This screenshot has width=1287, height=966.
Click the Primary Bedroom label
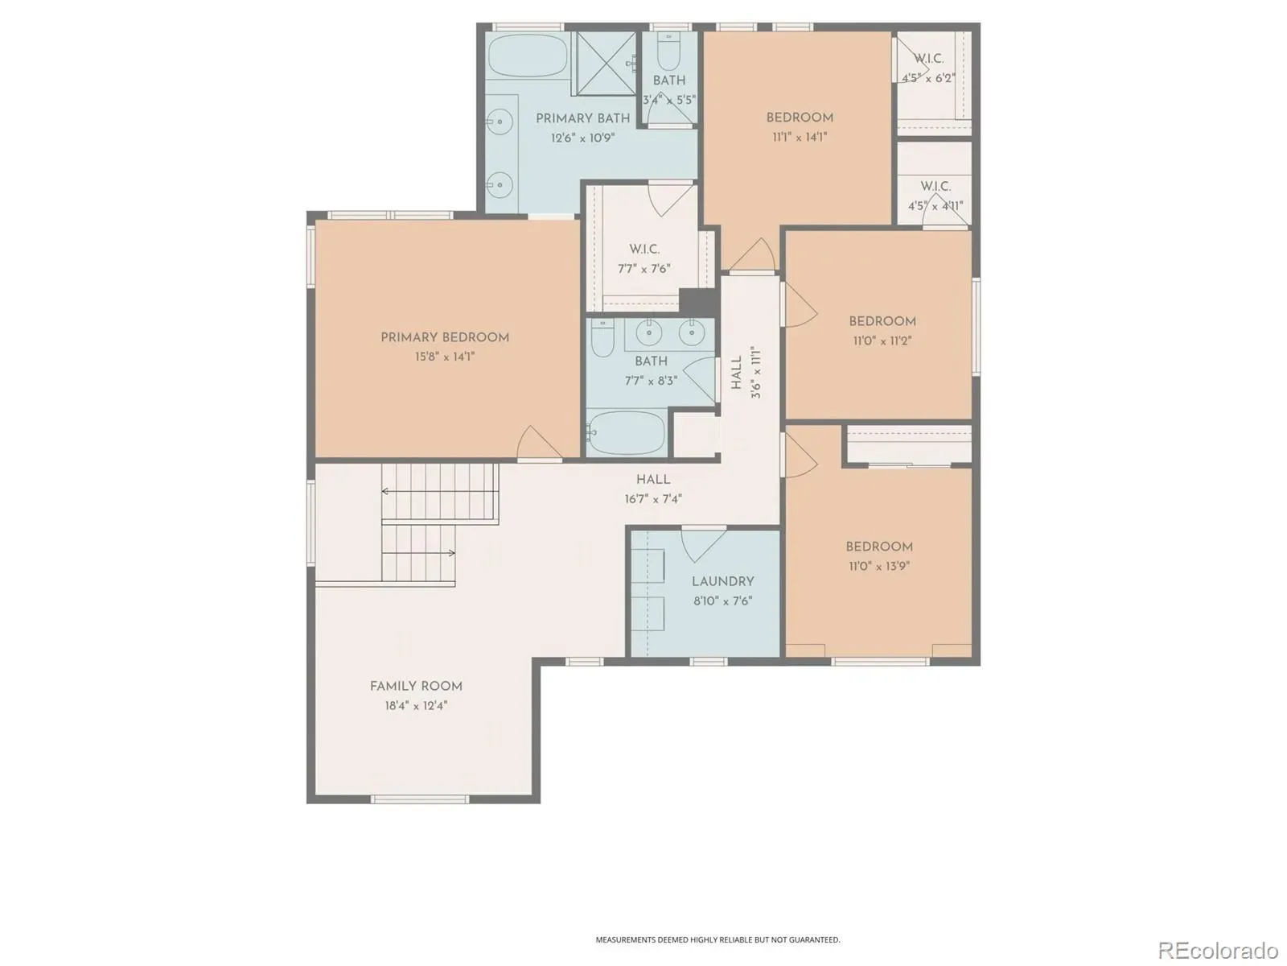click(x=445, y=337)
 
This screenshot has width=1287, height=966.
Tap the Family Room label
click(x=416, y=686)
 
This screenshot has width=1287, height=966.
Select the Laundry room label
click(x=722, y=581)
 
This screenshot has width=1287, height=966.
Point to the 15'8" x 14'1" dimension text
click(x=445, y=357)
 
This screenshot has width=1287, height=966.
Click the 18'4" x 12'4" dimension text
click(x=416, y=706)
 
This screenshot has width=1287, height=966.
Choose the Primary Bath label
click(x=582, y=118)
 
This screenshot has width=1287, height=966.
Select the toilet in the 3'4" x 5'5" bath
click(x=668, y=51)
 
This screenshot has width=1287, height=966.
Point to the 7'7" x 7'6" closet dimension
click(x=643, y=269)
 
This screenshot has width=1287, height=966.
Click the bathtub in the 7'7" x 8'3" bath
click(x=627, y=433)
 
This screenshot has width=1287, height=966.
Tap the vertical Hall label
click(x=737, y=373)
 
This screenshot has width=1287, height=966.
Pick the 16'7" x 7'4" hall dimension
click(x=652, y=499)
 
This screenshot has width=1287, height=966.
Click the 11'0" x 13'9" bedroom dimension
click(x=879, y=566)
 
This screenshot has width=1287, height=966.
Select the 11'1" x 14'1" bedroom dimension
click(x=800, y=137)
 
